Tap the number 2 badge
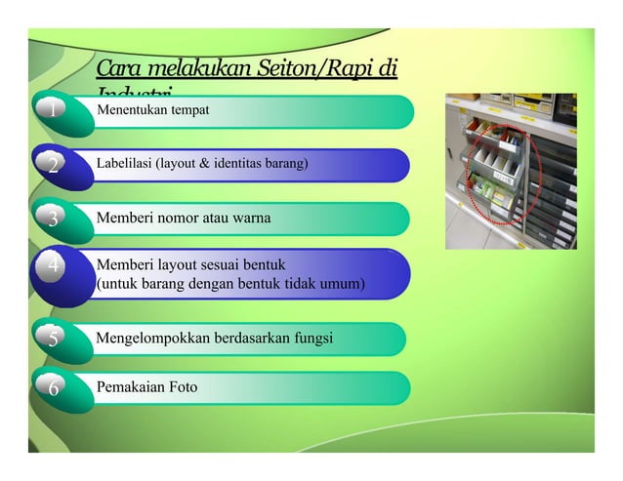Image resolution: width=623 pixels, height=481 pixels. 53,166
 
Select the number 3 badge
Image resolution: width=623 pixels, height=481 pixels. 53,219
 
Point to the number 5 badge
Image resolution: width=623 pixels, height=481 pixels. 53,339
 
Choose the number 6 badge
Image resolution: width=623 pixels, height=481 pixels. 53,388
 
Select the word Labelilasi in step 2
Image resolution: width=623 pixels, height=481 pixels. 124,163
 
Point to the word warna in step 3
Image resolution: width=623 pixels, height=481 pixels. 251,218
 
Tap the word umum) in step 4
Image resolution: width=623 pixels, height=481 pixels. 339,284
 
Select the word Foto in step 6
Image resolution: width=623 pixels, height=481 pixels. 183,387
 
